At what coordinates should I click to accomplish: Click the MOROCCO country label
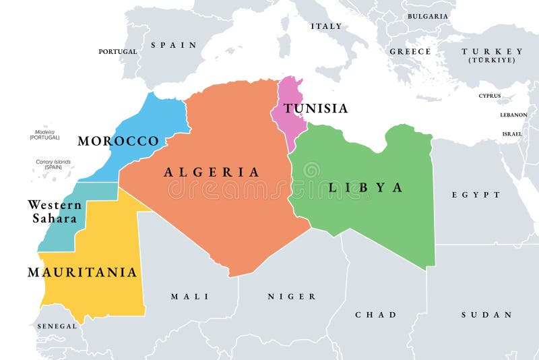tap(118, 141)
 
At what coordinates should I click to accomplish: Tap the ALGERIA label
tap(212, 172)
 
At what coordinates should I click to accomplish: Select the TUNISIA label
tap(315, 108)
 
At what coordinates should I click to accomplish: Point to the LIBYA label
tap(366, 187)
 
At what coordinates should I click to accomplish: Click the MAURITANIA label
tap(82, 272)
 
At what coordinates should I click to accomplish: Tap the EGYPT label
tap(476, 195)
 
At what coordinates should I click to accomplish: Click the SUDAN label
tap(486, 315)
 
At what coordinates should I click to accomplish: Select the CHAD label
tap(376, 315)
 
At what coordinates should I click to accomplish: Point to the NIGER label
tap(292, 297)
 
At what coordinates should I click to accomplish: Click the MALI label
tap(189, 297)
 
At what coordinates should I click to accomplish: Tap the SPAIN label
tap(174, 45)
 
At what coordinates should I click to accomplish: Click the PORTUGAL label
tap(118, 51)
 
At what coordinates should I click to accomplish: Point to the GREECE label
tap(410, 51)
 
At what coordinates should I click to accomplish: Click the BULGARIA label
tap(427, 16)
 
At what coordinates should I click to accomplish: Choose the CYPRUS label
tap(490, 96)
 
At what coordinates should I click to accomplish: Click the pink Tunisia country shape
tap(288, 121)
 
